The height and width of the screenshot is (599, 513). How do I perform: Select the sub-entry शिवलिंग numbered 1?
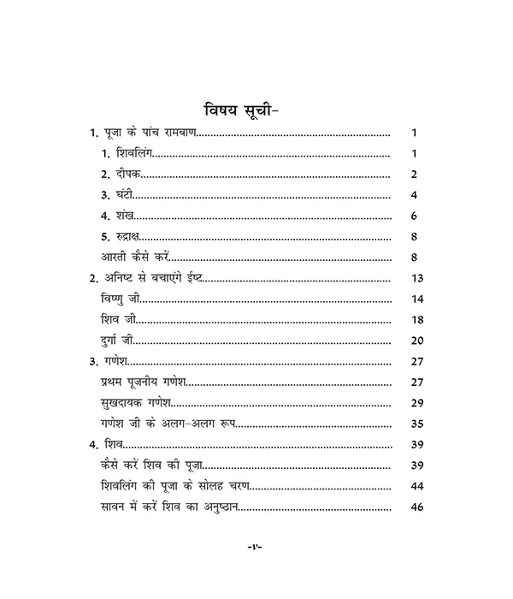[x=129, y=155]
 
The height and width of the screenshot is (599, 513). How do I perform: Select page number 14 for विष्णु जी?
[x=417, y=299]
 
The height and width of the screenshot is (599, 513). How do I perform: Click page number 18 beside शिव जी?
[x=417, y=319]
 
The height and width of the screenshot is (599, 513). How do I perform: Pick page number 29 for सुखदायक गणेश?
[x=417, y=401]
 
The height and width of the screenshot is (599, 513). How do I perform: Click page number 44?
[x=417, y=485]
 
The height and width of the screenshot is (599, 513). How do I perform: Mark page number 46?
[x=417, y=507]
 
